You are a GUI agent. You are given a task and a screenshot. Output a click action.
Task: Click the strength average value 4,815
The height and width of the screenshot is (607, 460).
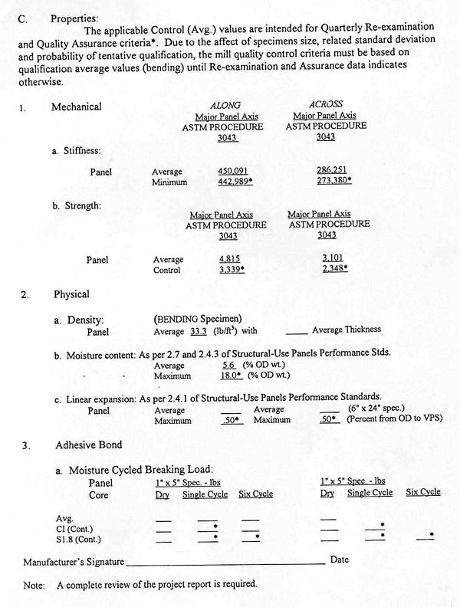(230, 259)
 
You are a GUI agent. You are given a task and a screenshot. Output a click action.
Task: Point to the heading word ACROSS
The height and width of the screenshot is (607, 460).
(325, 104)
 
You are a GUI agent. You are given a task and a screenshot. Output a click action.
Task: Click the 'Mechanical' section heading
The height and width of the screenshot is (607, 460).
(76, 107)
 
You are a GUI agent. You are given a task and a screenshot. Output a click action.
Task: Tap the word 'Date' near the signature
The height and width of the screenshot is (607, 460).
(339, 560)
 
